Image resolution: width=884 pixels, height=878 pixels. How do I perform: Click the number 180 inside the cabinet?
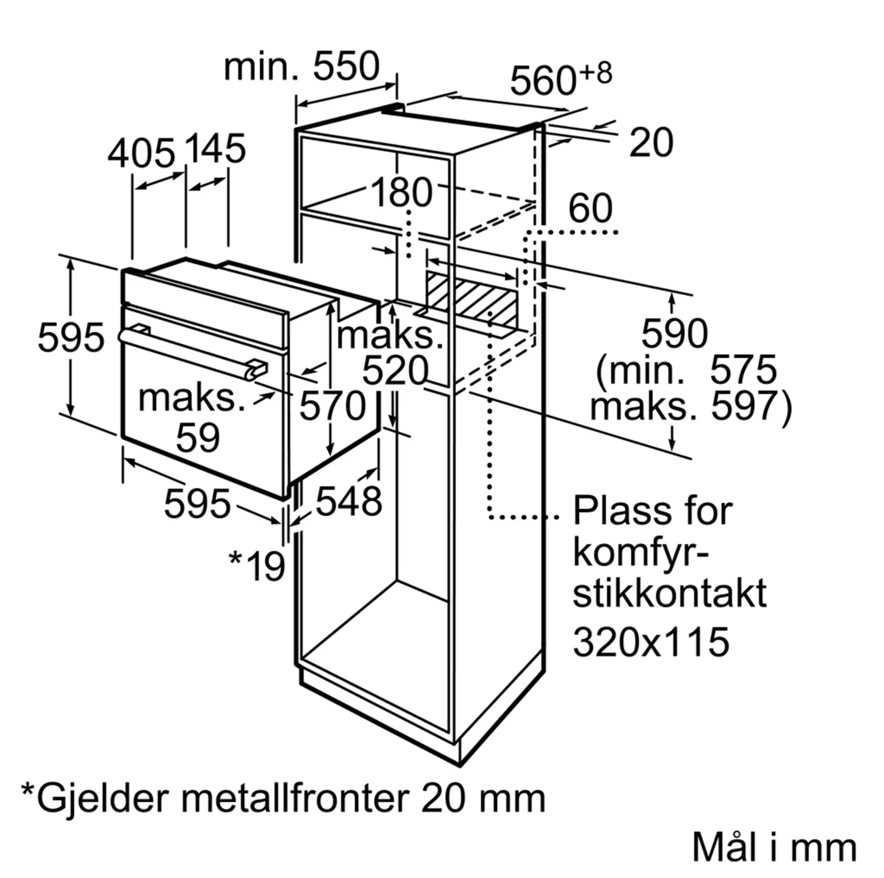point(401,192)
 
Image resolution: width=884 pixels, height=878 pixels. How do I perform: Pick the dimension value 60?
point(590,208)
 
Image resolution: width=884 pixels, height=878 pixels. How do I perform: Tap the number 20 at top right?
point(651,143)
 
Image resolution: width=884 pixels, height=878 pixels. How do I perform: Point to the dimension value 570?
point(333,405)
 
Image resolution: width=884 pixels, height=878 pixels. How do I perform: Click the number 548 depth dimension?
point(349,501)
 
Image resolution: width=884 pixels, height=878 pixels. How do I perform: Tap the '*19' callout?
point(257,566)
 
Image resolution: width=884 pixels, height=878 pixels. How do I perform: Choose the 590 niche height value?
point(674,334)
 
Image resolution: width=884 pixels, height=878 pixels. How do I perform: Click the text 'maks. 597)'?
point(691,405)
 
